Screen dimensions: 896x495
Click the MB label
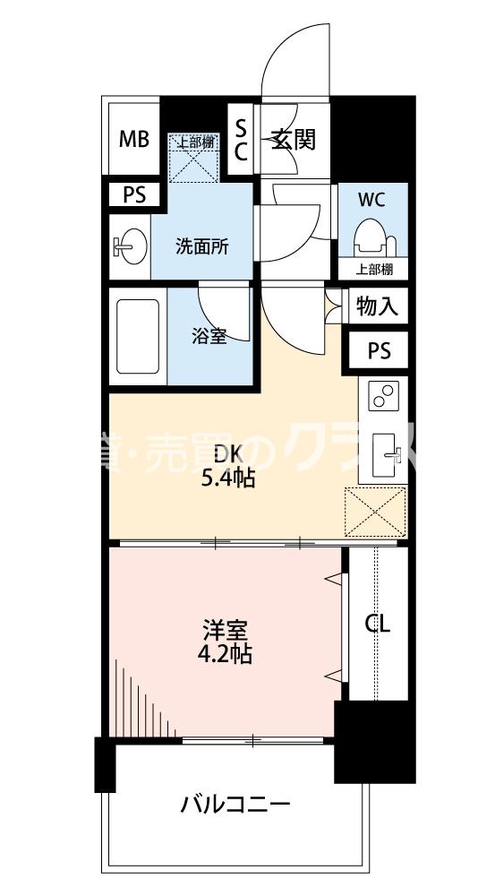point(135,140)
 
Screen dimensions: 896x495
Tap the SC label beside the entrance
point(240,140)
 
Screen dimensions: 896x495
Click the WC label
point(371,200)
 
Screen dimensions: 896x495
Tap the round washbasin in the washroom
point(131,246)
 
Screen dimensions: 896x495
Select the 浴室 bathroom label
point(209,336)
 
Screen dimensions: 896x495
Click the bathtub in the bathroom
point(138,337)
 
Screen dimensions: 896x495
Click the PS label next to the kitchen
point(380,351)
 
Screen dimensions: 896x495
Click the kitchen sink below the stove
point(386,453)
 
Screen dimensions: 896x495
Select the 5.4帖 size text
point(226,478)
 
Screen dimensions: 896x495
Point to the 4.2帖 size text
point(224,654)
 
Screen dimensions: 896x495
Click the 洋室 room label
point(224,629)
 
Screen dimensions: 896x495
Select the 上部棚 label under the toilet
point(371,269)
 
